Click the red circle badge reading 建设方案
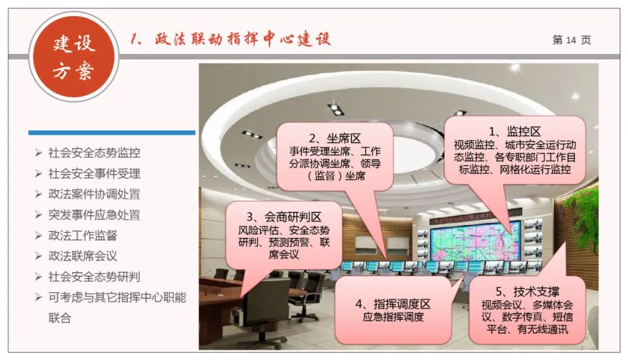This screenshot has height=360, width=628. (x=74, y=57)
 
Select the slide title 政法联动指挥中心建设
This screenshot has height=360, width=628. (x=230, y=40)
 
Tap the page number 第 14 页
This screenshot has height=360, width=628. (x=571, y=40)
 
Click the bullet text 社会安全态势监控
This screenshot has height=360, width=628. (x=94, y=153)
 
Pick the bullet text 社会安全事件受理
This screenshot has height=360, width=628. (x=94, y=173)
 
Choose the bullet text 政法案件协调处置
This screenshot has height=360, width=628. (x=94, y=194)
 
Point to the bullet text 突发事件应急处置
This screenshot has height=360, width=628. (x=94, y=215)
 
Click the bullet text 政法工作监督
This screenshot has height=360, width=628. (x=83, y=236)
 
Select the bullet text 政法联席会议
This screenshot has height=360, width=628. (x=83, y=256)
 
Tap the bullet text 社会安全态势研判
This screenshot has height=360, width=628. (x=94, y=277)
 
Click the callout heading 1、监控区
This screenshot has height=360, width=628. (x=515, y=132)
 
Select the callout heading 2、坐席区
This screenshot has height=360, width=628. (x=334, y=138)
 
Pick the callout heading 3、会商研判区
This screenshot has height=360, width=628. (x=284, y=217)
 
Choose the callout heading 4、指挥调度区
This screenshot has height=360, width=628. (x=393, y=304)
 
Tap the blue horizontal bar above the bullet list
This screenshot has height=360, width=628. (x=112, y=133)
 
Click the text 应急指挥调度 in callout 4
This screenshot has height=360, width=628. (x=393, y=318)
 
